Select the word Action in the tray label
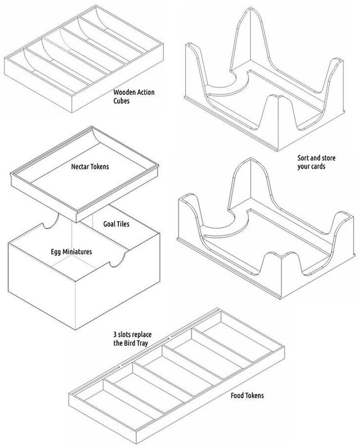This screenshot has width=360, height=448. pos(145,92)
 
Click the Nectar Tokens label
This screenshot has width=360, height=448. pos(90,167)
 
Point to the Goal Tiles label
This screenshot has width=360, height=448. pos(116,224)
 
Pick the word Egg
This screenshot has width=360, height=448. pos(56,252)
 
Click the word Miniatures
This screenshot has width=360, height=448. pos(77,252)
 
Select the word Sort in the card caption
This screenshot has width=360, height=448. pos(304,158)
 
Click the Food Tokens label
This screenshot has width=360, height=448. pos(247,395)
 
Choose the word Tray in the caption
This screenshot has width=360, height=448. pos(142,344)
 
